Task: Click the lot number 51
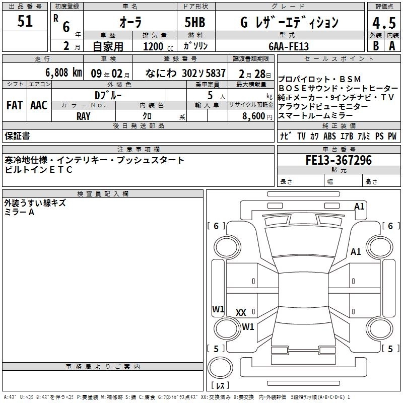tap(25, 22)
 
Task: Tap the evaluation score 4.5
tap(383, 23)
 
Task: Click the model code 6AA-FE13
tap(289, 46)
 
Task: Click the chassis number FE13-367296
tap(339, 161)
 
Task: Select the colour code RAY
tap(83, 115)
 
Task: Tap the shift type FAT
tap(14, 105)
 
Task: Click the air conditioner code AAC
tap(38, 105)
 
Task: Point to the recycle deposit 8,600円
tap(257, 116)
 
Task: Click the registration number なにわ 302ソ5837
tap(185, 73)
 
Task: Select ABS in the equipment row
tap(329, 137)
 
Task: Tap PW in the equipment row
tap(392, 137)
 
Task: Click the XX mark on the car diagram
tap(241, 313)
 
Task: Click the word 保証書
tap(17, 136)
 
